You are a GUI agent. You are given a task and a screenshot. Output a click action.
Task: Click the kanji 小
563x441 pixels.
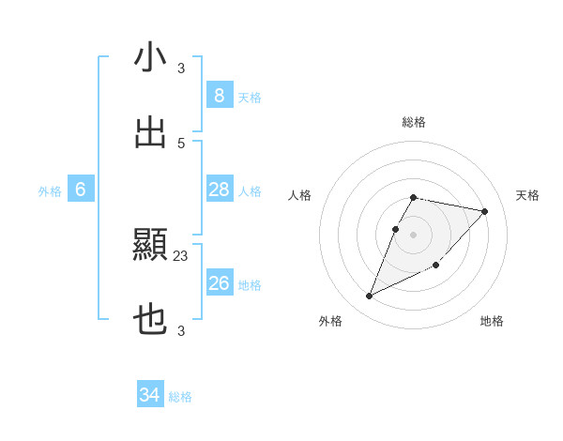tap(150, 58)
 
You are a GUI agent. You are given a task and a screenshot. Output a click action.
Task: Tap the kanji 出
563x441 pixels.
tap(150, 132)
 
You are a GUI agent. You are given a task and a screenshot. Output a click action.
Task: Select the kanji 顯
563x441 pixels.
tap(150, 246)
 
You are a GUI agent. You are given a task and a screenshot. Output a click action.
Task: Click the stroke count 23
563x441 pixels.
tap(181, 255)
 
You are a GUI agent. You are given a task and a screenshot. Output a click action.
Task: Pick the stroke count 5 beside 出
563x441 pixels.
tap(181, 143)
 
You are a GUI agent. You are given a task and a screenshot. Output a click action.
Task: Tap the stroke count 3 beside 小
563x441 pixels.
tap(181, 68)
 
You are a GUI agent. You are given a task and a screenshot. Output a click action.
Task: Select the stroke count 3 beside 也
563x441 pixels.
tap(181, 330)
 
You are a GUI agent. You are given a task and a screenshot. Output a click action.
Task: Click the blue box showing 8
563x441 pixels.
tap(219, 95)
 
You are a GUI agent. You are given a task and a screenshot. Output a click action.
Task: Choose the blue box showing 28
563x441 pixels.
tap(219, 190)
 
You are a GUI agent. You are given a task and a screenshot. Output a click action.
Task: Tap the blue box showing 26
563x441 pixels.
tap(219, 282)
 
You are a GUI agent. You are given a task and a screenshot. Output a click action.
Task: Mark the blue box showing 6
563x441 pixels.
tap(81, 190)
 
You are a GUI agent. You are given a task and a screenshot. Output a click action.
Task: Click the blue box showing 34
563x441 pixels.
tap(150, 395)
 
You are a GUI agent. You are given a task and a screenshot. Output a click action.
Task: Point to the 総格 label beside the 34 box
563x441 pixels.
tap(180, 397)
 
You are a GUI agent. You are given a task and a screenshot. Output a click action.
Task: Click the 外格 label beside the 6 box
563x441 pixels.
tap(50, 191)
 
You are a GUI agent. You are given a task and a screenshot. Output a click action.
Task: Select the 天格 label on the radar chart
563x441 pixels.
tap(527, 195)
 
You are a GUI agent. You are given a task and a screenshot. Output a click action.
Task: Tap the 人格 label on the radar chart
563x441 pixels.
tap(300, 195)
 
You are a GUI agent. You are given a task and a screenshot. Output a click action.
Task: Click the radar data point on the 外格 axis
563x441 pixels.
tap(370, 297)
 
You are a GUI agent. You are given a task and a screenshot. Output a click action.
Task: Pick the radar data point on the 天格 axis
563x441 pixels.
tap(484, 212)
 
